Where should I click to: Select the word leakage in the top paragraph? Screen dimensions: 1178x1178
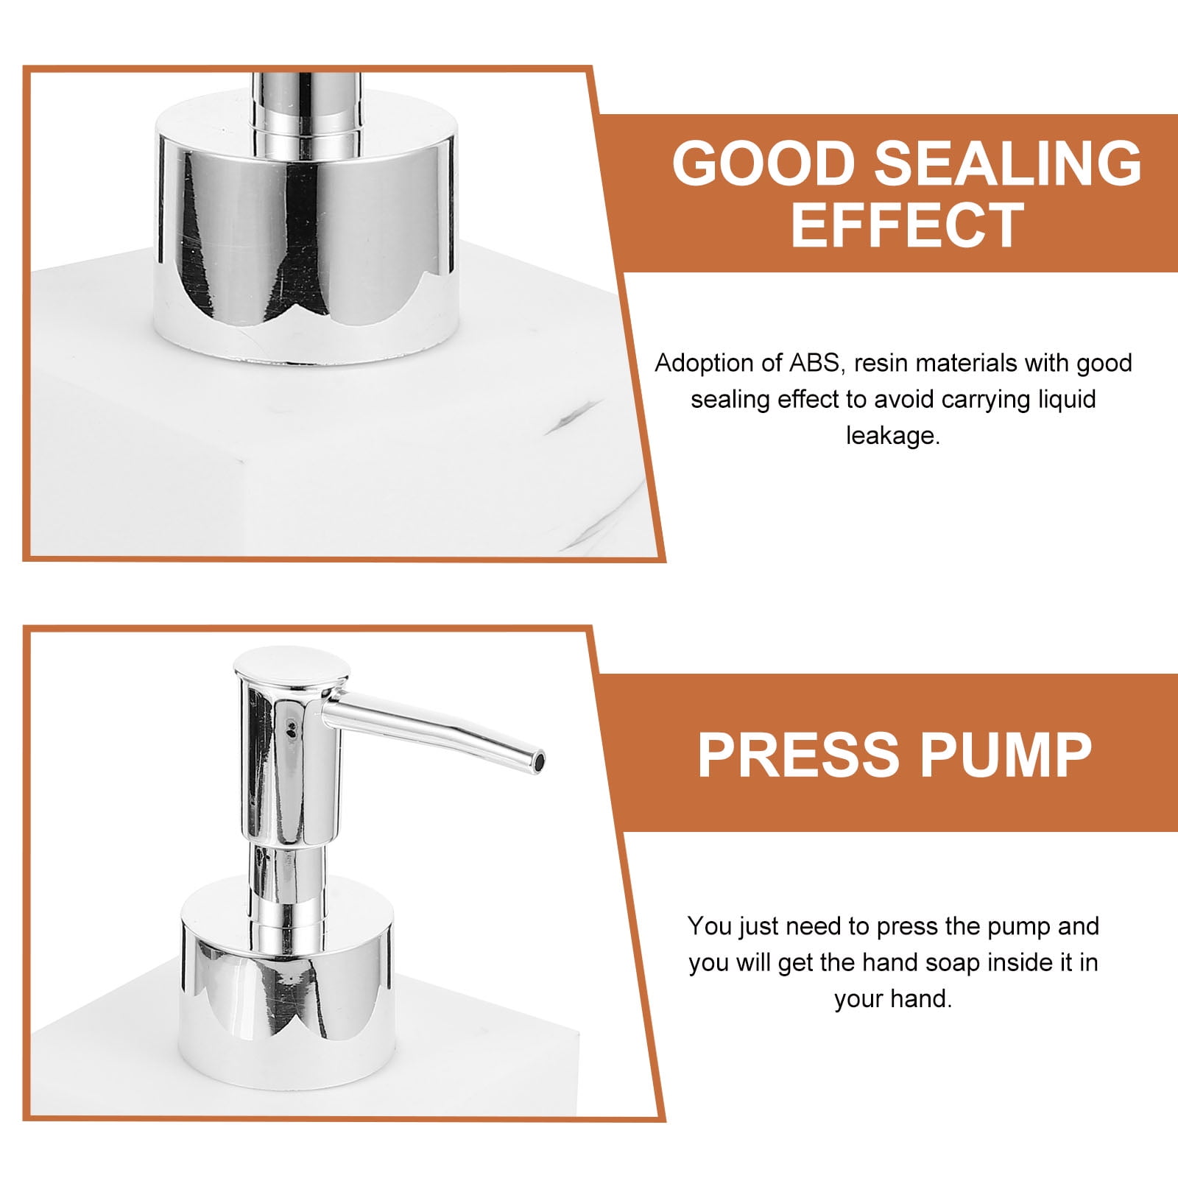click(x=893, y=436)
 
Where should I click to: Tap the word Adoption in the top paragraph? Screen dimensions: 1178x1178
click(x=705, y=363)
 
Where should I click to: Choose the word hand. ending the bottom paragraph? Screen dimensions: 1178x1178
click(x=921, y=999)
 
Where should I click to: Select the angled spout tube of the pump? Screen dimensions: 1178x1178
click(x=434, y=730)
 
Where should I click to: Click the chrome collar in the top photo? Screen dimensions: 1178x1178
click(x=306, y=232)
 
